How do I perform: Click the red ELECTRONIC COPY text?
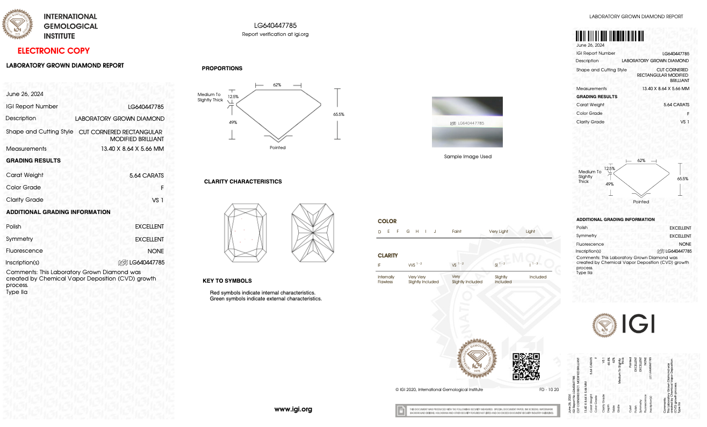click(54, 51)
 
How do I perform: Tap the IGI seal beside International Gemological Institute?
click(18, 25)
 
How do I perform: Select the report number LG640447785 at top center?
click(275, 25)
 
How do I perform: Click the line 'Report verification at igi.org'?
click(275, 34)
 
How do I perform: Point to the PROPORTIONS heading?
click(222, 69)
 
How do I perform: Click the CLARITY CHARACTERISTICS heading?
click(243, 182)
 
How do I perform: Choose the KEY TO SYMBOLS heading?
click(227, 281)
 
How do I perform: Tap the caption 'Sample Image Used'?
click(467, 157)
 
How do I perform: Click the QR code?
click(525, 367)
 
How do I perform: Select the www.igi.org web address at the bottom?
click(293, 409)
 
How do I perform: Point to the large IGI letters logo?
click(638, 324)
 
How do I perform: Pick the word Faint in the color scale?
click(457, 232)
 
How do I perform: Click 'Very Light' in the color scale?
click(498, 232)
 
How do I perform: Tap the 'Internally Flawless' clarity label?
click(386, 279)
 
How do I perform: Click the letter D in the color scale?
click(380, 232)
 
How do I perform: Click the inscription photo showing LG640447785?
click(467, 122)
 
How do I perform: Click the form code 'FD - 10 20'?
click(549, 389)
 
